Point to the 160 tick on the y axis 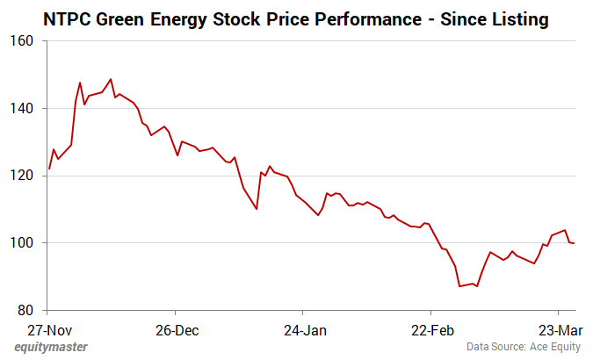24,41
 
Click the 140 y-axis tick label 24,109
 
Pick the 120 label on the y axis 24,176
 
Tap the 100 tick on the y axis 24,243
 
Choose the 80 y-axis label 27,310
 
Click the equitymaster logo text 49,348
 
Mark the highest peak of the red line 111,79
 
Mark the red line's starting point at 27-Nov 49,169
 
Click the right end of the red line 575,243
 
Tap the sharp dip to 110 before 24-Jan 257,209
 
